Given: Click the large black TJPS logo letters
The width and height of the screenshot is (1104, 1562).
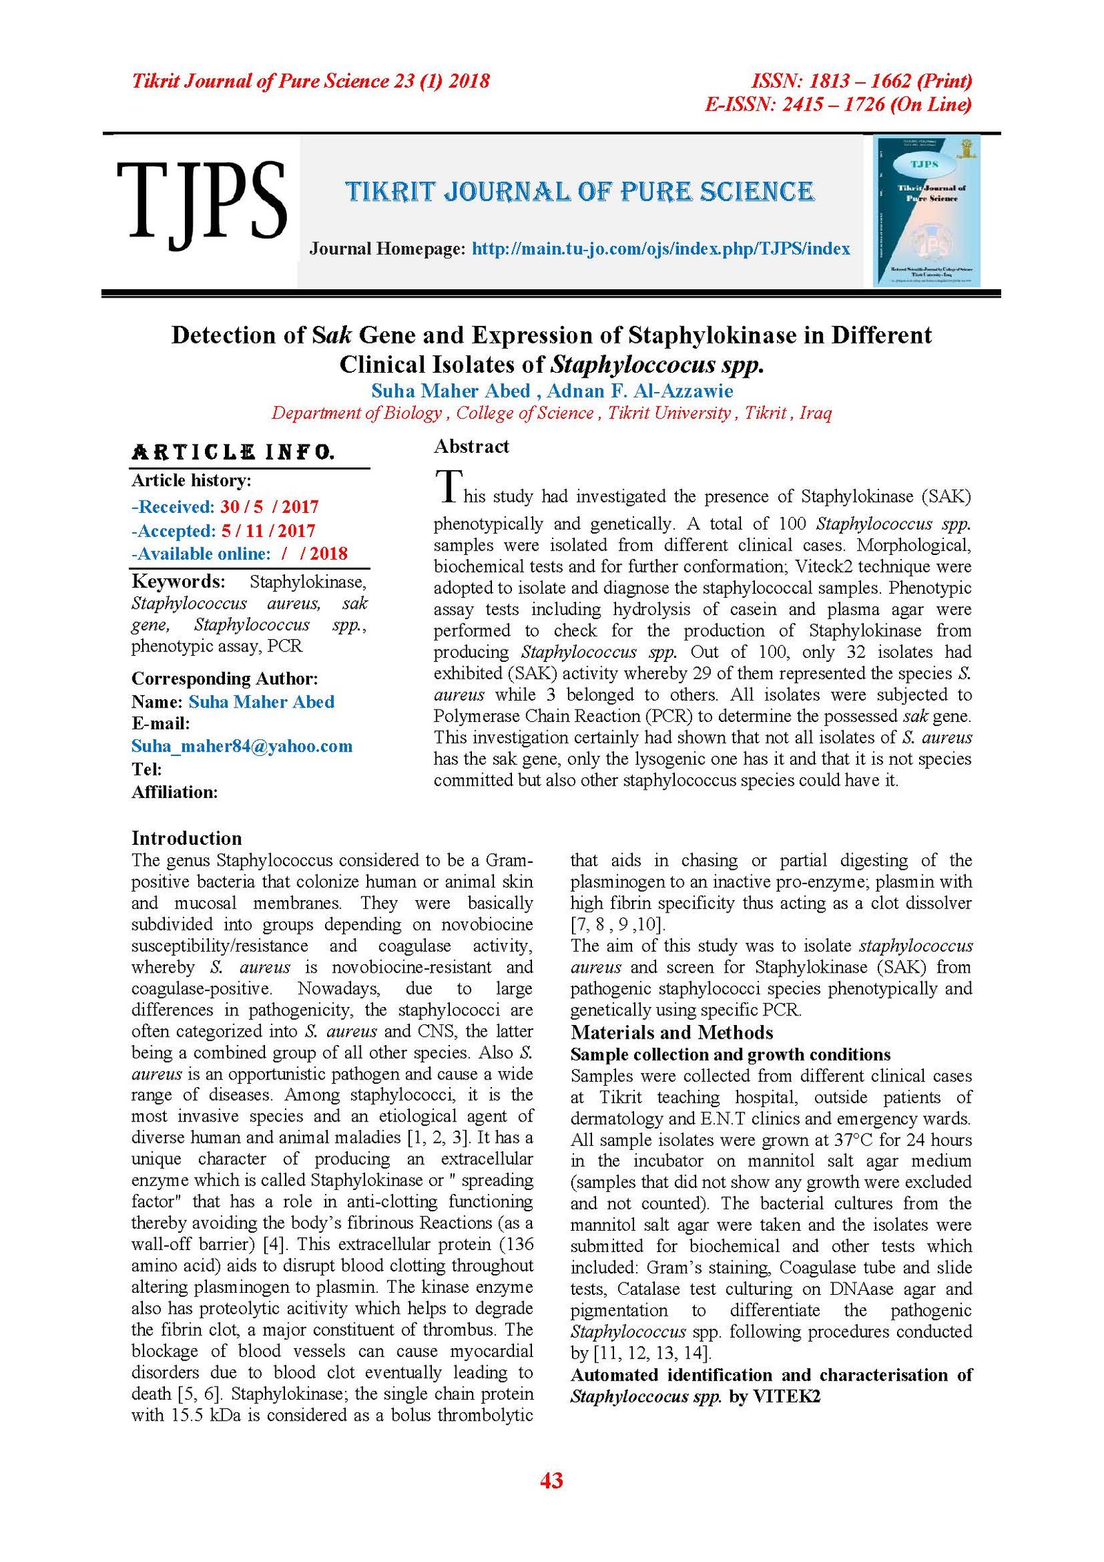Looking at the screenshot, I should tap(201, 202).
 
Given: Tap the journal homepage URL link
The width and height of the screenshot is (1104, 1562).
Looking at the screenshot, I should tap(660, 248).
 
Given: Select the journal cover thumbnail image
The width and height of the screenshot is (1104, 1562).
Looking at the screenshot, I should tap(926, 211).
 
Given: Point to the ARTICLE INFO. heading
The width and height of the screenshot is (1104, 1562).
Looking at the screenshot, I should tap(233, 453).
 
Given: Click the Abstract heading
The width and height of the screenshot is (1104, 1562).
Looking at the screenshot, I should tap(471, 447).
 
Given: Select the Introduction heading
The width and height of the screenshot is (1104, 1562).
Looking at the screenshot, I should tap(186, 838).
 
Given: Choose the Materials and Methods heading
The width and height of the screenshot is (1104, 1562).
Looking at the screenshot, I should tap(671, 1032).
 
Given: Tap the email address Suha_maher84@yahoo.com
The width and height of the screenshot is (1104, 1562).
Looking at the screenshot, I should tap(241, 745).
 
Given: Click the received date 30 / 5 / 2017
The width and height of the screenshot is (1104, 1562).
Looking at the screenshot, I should tap(269, 507).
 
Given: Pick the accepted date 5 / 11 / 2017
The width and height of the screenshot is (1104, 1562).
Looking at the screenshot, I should tap(268, 530).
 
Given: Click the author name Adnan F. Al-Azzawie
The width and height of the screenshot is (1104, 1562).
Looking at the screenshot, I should tap(640, 391).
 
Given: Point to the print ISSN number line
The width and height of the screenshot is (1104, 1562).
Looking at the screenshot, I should tap(861, 81).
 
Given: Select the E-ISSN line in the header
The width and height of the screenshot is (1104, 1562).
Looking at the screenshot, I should tap(838, 104).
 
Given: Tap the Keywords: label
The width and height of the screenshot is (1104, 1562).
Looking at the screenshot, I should tap(178, 581).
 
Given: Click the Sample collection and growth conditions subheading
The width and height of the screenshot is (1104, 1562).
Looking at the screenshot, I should tap(730, 1054).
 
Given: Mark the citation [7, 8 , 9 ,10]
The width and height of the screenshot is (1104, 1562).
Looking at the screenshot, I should tap(618, 924).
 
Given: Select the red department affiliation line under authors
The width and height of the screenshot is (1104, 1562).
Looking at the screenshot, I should tap(551, 413).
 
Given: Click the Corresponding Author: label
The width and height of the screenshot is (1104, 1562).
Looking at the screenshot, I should tap(224, 678).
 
